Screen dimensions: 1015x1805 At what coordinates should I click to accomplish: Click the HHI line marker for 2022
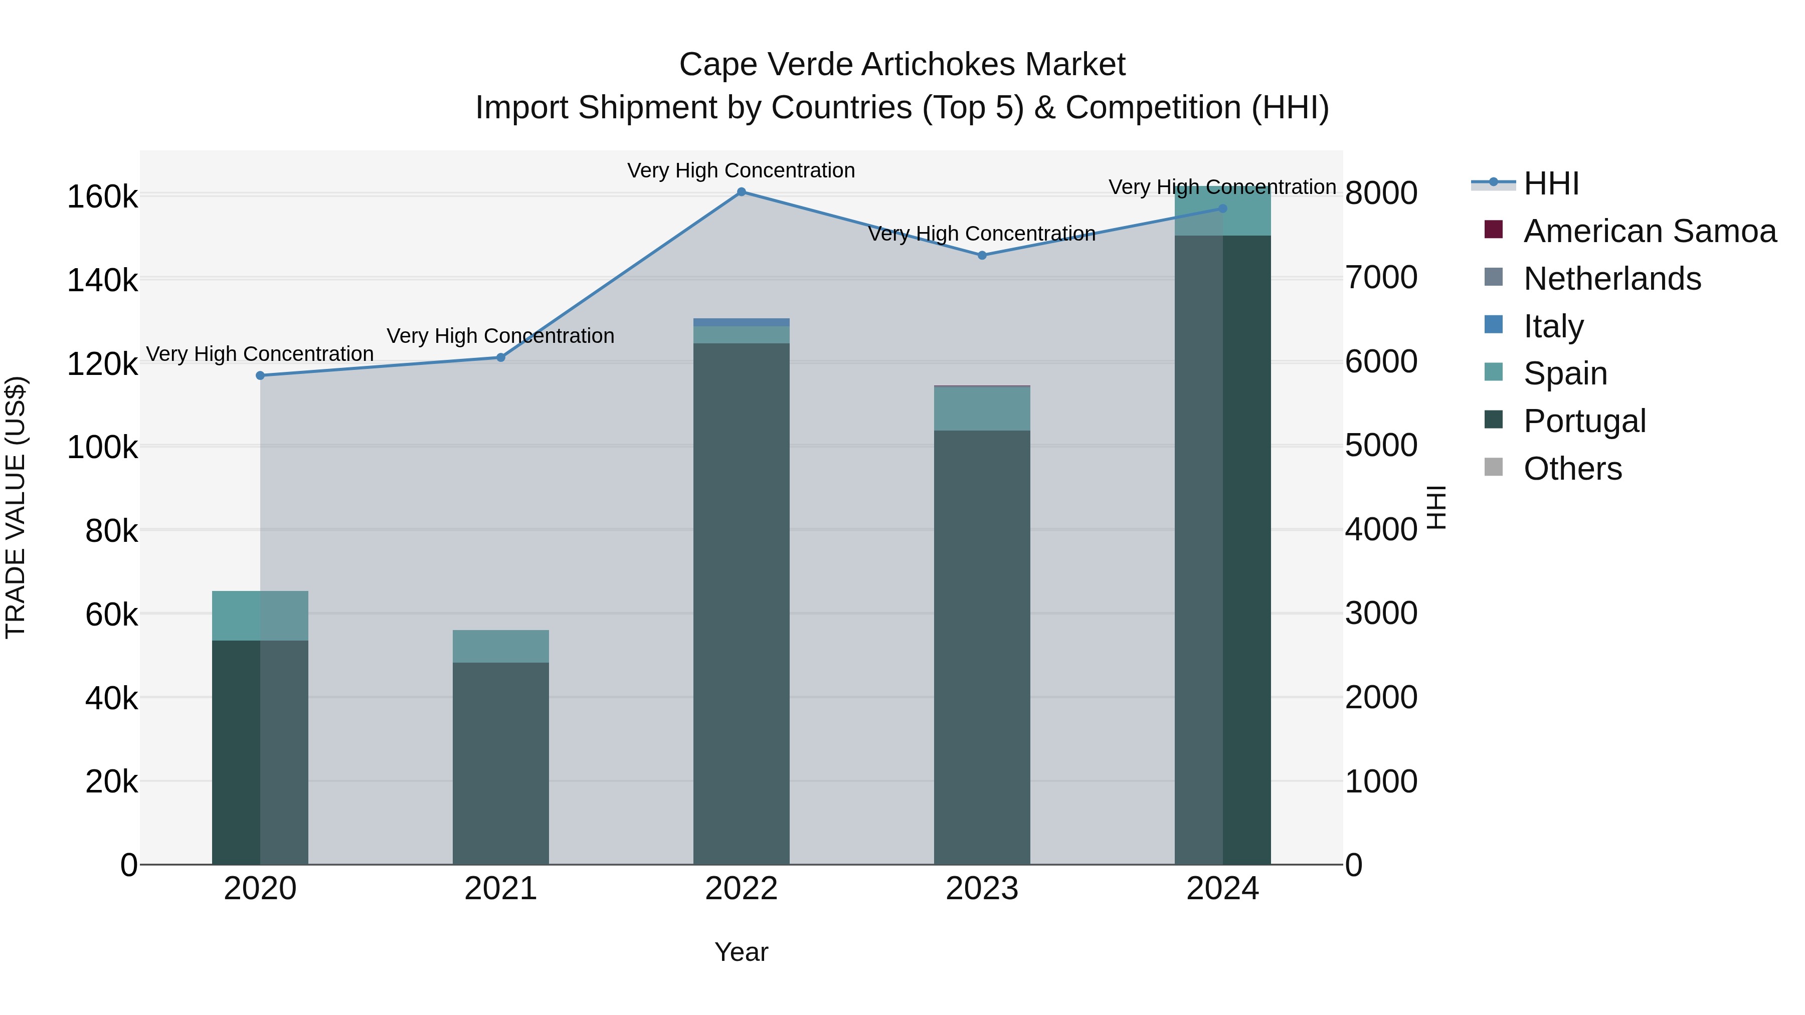[x=742, y=192]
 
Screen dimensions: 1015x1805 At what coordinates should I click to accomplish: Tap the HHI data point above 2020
[x=260, y=375]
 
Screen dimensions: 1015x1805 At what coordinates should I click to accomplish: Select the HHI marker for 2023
[x=982, y=256]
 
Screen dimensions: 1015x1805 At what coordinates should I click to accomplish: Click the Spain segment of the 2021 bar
[x=500, y=646]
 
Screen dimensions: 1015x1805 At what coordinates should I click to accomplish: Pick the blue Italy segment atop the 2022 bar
[x=742, y=322]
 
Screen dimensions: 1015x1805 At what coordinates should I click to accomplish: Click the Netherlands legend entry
[x=1611, y=279]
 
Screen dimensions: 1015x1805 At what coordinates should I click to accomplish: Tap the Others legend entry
[x=1572, y=469]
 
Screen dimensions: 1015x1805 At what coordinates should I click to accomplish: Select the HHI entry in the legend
[x=1551, y=183]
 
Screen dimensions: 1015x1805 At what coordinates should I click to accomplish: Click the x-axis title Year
[x=742, y=952]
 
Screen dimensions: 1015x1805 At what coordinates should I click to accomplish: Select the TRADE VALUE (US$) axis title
[x=16, y=507]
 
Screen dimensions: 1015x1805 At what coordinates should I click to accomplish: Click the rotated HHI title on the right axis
[x=1436, y=507]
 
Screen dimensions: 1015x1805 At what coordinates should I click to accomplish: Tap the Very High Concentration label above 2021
[x=500, y=336]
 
